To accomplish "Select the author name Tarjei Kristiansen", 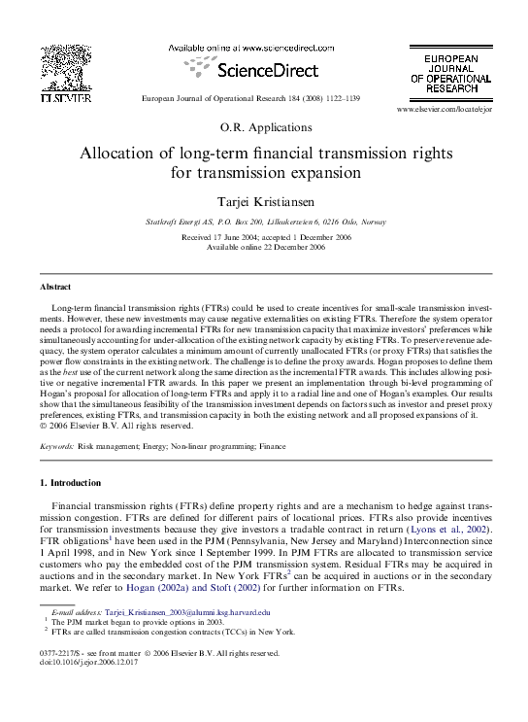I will click(264, 200).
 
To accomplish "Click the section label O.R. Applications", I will click(264, 126).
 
